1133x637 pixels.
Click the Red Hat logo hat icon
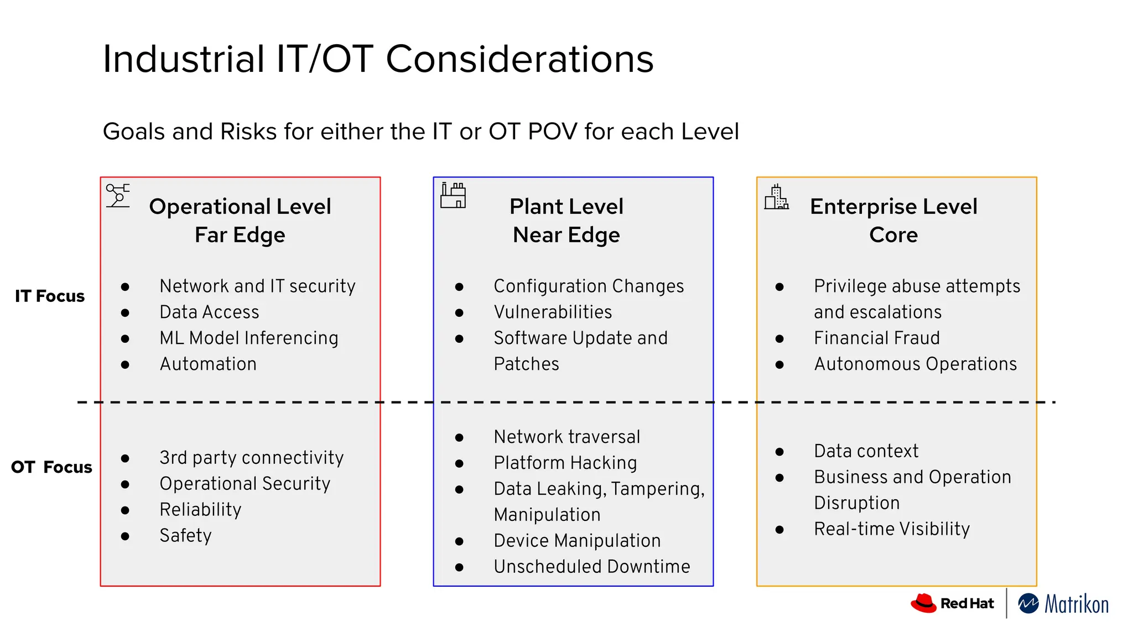pyautogui.click(x=923, y=603)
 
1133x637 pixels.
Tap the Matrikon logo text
pyautogui.click(x=1076, y=604)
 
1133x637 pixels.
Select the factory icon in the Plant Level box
pyautogui.click(x=453, y=196)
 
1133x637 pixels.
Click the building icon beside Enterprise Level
pyautogui.click(x=776, y=197)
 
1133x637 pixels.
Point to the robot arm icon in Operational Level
pyautogui.click(x=118, y=196)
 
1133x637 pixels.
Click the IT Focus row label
pyautogui.click(x=50, y=296)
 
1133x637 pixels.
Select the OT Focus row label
pyautogui.click(x=51, y=467)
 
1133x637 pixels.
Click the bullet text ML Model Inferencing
pyautogui.click(x=248, y=338)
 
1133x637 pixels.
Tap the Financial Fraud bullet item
pyautogui.click(x=876, y=338)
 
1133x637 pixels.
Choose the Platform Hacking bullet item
pyautogui.click(x=565, y=463)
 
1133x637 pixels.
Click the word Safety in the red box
pyautogui.click(x=185, y=535)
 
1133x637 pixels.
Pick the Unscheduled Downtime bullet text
pyautogui.click(x=591, y=567)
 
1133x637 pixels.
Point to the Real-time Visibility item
pyautogui.click(x=891, y=529)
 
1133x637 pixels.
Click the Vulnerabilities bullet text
pyautogui.click(x=553, y=312)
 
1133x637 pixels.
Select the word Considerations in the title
pyautogui.click(x=519, y=59)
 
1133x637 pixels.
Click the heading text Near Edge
pyautogui.click(x=566, y=235)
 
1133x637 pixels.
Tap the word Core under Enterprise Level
pyautogui.click(x=893, y=235)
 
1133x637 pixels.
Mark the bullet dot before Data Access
pyautogui.click(x=125, y=313)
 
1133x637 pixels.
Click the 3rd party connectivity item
pyautogui.click(x=251, y=458)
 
